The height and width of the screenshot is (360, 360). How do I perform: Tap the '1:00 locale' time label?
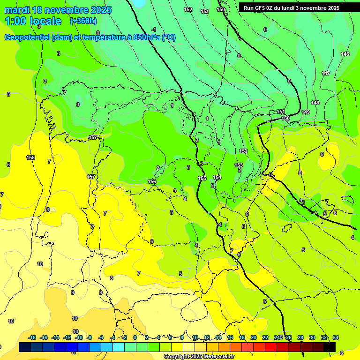(33, 21)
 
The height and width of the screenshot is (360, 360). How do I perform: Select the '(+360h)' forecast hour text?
(83, 21)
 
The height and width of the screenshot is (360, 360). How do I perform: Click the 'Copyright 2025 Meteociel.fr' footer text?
(199, 357)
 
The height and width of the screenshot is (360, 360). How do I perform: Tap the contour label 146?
(345, 54)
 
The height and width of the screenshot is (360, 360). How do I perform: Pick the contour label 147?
(326, 73)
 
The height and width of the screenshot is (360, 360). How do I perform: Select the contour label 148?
(315, 103)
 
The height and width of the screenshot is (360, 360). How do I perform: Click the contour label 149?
(306, 112)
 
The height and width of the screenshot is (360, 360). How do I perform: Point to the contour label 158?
(30, 157)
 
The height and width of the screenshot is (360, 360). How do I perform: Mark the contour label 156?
(152, 181)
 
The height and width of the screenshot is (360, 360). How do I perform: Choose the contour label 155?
(202, 178)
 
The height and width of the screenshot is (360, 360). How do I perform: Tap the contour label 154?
(217, 177)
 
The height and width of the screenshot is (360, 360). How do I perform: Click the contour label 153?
(239, 165)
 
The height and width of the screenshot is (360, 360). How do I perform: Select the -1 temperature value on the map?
(154, 30)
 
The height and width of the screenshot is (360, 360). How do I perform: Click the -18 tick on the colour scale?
(32, 337)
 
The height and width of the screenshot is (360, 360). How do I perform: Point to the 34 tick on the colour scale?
(336, 337)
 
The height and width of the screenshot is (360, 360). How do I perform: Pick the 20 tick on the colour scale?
(254, 337)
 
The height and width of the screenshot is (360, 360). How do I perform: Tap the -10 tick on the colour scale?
(78, 337)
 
